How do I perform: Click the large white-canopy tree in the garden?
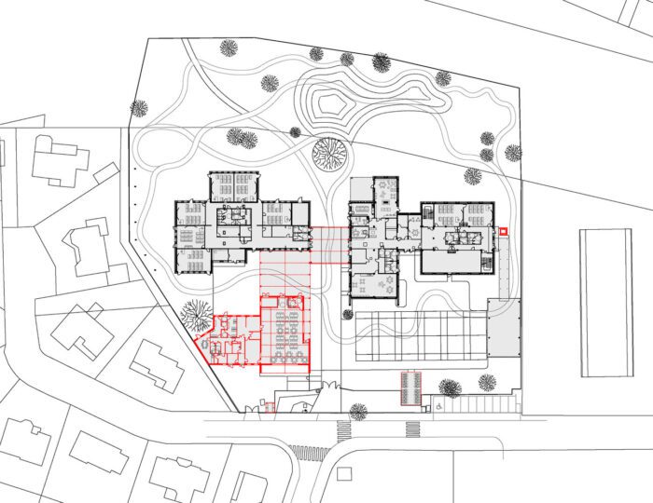click(329, 153)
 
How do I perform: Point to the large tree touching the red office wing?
click(198, 315)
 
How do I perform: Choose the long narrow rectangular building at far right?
click(606, 303)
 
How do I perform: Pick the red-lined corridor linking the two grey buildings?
click(327, 247)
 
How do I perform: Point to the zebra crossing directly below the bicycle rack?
click(412, 429)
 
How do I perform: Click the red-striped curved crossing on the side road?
click(309, 453)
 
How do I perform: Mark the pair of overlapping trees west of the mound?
click(242, 139)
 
